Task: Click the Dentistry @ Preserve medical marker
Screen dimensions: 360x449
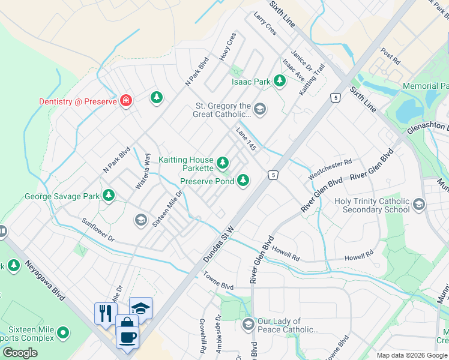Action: (126, 100)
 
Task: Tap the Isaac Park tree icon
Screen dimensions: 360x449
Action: (279, 80)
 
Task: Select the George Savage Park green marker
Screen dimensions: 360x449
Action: (109, 195)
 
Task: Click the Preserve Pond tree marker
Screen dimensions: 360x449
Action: (243, 179)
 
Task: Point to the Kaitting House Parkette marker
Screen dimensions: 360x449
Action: (223, 162)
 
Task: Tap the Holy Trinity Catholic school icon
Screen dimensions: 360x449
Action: (418, 205)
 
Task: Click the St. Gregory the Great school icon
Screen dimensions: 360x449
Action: (259, 109)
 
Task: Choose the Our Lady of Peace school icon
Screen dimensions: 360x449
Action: (248, 325)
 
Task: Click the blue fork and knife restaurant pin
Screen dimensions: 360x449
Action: (104, 313)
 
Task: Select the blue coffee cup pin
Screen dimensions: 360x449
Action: (128, 337)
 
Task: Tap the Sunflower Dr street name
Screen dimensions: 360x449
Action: (97, 229)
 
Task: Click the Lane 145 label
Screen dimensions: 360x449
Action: (246, 139)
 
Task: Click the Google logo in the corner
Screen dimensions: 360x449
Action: (20, 353)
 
